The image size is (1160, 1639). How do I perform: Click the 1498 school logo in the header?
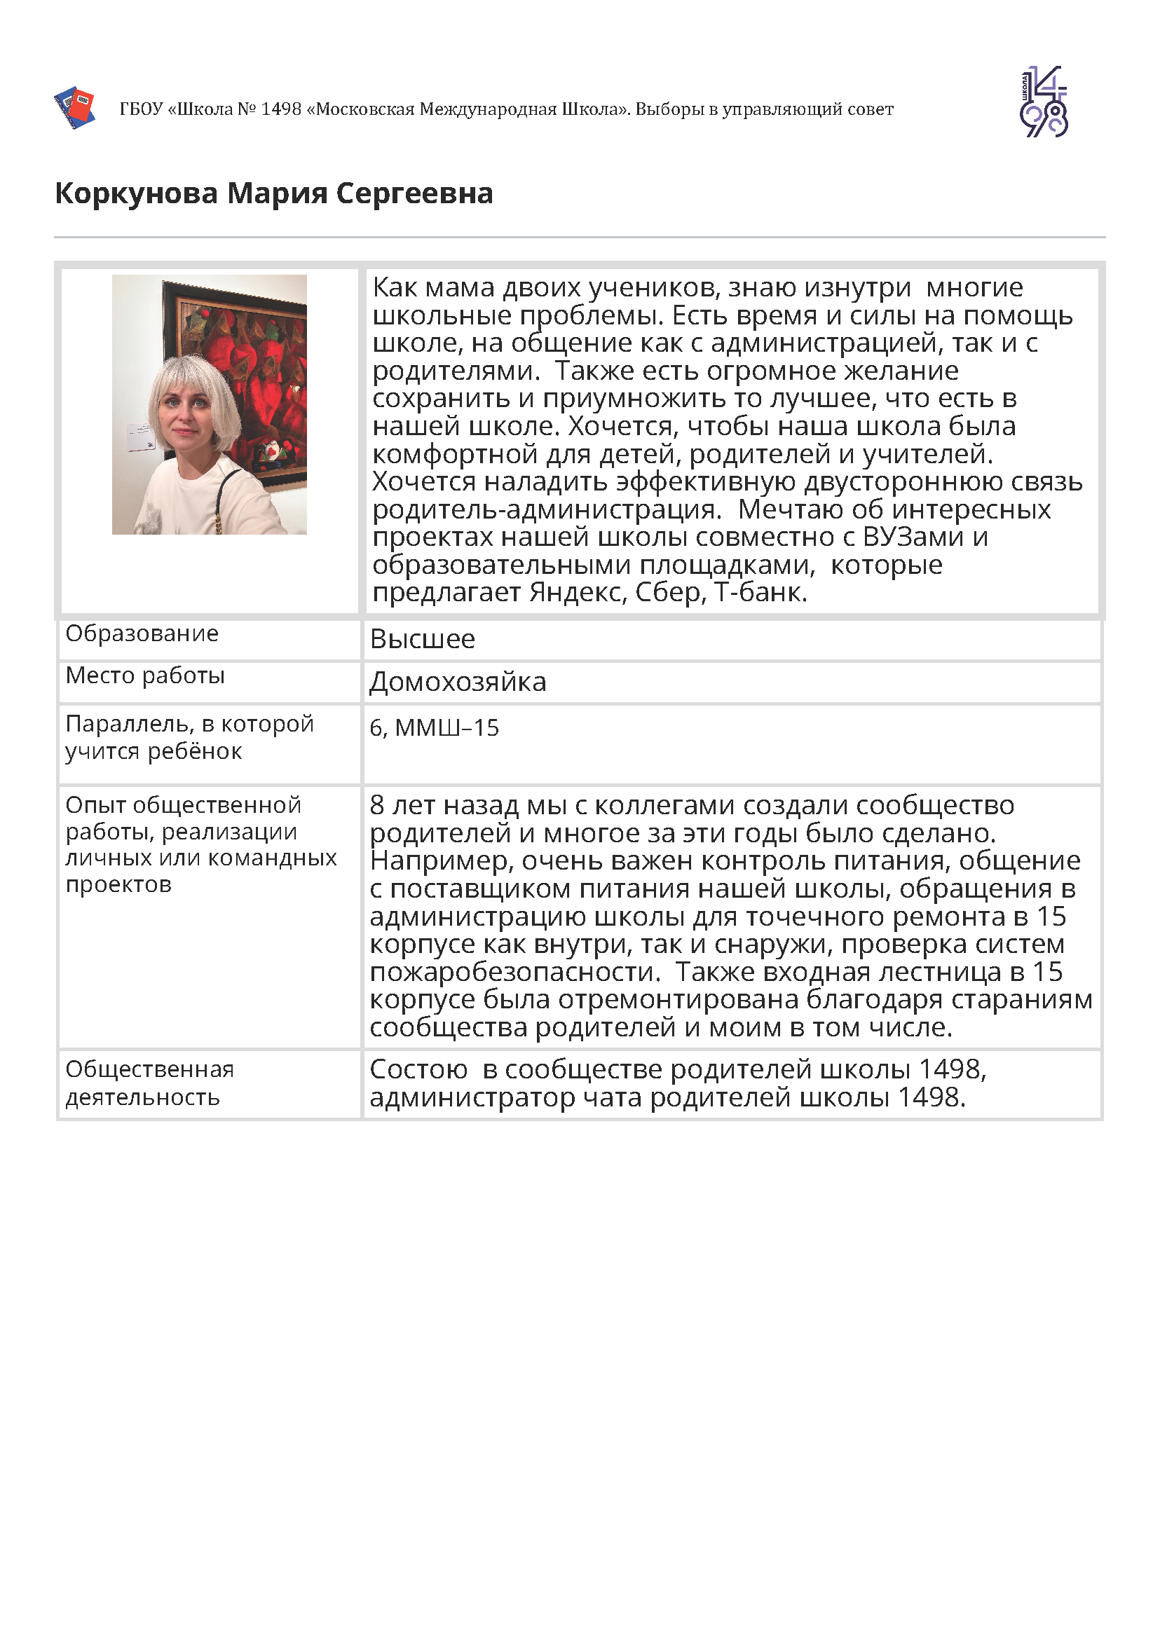[x=1043, y=102]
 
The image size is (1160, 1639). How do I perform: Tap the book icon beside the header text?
[x=75, y=107]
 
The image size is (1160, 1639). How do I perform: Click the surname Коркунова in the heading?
[x=136, y=193]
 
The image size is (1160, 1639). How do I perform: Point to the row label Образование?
[x=142, y=633]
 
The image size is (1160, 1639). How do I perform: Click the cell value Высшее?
[x=422, y=639]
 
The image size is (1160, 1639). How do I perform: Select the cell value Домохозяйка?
[x=458, y=682]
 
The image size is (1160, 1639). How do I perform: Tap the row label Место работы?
[x=145, y=676]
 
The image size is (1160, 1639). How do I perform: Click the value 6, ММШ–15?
[x=435, y=728]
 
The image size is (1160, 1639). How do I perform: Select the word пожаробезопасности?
[x=514, y=972]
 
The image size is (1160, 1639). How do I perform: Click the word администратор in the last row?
[x=472, y=1097]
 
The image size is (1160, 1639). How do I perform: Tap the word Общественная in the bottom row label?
[x=150, y=1070]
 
